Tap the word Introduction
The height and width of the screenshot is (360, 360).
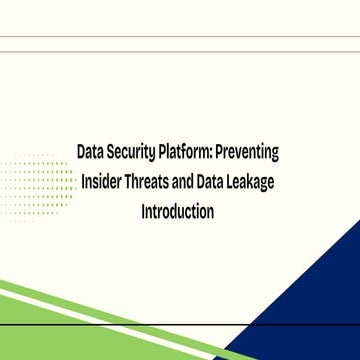(x=179, y=213)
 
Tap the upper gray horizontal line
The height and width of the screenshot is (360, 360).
(x=180, y=38)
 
